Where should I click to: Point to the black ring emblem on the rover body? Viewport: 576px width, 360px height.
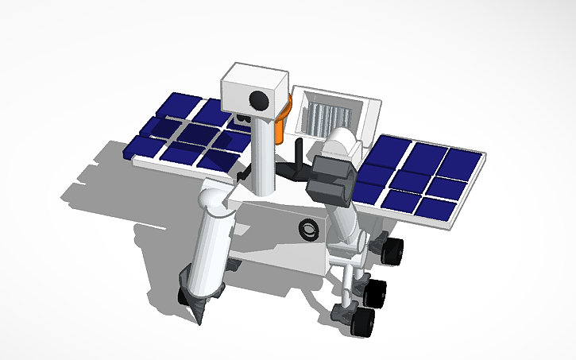[x=308, y=229]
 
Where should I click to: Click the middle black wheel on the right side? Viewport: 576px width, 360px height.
[x=377, y=292]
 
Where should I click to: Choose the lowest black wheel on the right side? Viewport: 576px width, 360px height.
[x=363, y=323]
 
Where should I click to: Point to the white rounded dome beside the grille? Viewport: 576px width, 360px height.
[x=342, y=141]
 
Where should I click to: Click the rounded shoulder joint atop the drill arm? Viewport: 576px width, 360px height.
[x=214, y=195]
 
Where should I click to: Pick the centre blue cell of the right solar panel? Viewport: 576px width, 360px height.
[x=414, y=179]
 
